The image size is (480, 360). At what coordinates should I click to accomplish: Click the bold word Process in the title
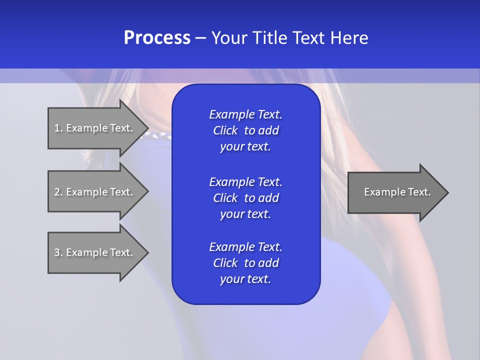click(x=157, y=38)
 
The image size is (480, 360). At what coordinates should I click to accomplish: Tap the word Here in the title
click(x=349, y=38)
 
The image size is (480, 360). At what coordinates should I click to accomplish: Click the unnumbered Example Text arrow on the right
click(x=397, y=192)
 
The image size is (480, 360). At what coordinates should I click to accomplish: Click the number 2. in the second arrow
click(x=58, y=192)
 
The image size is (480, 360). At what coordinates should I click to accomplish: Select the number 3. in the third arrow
click(x=58, y=252)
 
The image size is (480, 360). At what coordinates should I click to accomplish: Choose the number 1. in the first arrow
click(x=58, y=128)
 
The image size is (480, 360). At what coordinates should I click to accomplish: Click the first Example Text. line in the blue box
click(x=245, y=114)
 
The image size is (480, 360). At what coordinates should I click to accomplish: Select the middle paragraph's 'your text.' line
click(x=245, y=214)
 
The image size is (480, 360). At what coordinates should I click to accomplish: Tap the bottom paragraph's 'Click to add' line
click(x=245, y=263)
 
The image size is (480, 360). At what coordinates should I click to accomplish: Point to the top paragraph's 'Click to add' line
click(x=245, y=130)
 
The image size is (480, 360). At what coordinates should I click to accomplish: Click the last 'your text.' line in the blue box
click(x=245, y=279)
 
